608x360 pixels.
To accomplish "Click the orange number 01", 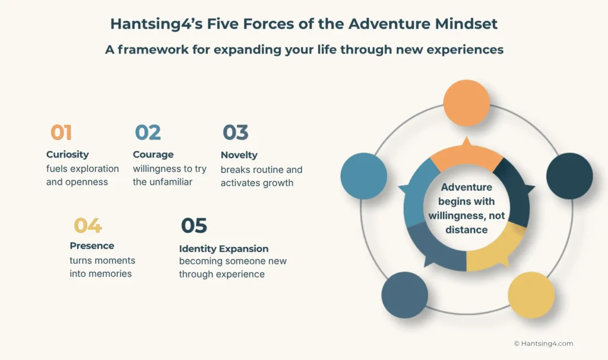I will pos(61,132).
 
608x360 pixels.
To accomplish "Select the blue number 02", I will pos(147,132).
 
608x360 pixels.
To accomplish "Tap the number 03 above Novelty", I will pos(235,132).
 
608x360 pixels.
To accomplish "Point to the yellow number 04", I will pos(87,226).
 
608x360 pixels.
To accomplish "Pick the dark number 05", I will pos(194,226).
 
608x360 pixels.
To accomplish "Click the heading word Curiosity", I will pos(67,154).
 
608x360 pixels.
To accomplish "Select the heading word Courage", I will pos(153,154).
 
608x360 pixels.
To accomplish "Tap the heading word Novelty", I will pos(239,155).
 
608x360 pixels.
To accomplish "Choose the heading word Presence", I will pos(91,246).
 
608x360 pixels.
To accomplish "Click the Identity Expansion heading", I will pos(224,249).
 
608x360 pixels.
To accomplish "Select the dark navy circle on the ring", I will pos(569,176).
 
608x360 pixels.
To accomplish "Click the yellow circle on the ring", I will pos(531,295).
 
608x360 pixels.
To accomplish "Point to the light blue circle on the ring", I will pos(363,176).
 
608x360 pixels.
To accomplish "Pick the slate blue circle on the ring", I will pos(404,295).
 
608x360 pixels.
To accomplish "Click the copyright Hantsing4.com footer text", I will pos(543,343).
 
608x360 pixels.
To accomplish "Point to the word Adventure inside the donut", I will pos(467,187).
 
